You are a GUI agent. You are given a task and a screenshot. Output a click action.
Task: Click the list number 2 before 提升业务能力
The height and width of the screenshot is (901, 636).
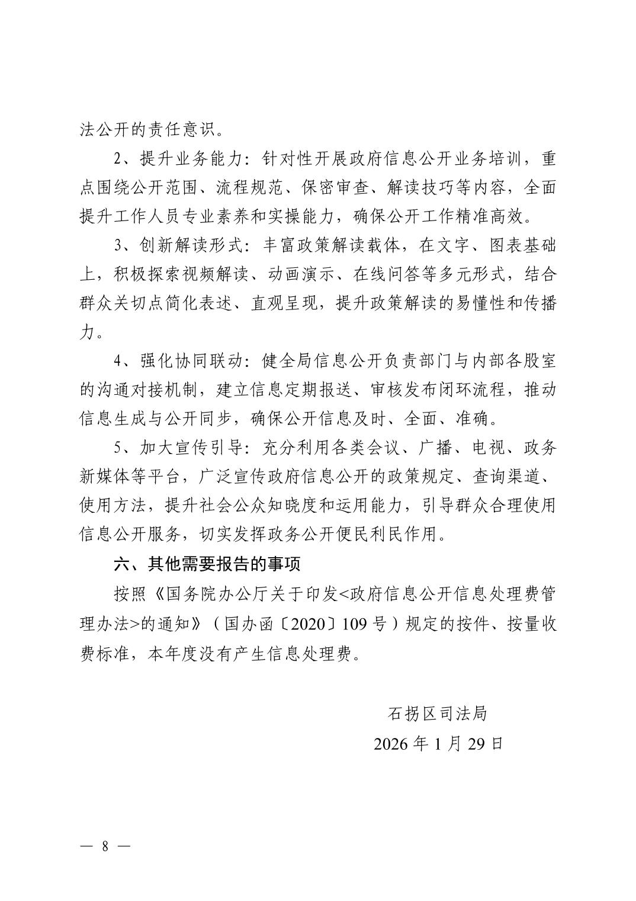[117, 159]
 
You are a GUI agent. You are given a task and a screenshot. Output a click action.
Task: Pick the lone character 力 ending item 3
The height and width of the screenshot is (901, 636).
[86, 334]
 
